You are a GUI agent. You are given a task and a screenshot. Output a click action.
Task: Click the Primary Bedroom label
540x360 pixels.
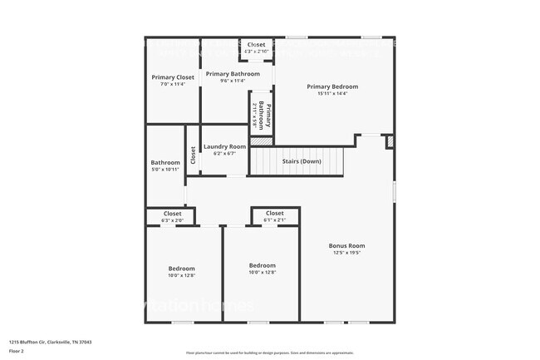[332, 86]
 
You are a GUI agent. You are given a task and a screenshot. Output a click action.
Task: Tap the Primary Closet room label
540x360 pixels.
[173, 77]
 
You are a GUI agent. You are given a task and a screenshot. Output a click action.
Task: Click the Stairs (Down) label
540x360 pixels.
[299, 161]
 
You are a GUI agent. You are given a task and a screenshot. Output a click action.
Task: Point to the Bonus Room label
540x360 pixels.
[346, 246]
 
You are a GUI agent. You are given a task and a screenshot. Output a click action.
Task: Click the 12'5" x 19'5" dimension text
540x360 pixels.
[346, 254]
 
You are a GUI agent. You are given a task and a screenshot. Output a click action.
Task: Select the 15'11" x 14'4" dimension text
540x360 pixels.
[332, 94]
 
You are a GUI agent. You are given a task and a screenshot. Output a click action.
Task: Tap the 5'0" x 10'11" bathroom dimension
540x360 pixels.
[165, 170]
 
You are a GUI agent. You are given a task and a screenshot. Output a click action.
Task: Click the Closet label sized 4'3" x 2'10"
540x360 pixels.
[256, 45]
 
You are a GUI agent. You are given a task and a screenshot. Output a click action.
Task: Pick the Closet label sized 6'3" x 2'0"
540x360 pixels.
[172, 214]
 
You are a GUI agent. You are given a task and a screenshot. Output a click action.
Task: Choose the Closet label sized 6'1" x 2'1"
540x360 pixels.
[275, 213]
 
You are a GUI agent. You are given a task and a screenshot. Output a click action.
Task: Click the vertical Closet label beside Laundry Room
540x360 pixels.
[193, 155]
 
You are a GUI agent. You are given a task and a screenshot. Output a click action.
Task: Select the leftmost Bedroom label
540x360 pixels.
[182, 269]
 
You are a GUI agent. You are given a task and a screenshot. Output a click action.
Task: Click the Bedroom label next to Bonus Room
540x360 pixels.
[263, 265]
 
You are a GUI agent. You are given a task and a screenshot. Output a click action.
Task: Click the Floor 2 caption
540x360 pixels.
[17, 352]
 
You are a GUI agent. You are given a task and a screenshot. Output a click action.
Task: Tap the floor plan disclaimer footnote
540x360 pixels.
[269, 353]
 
